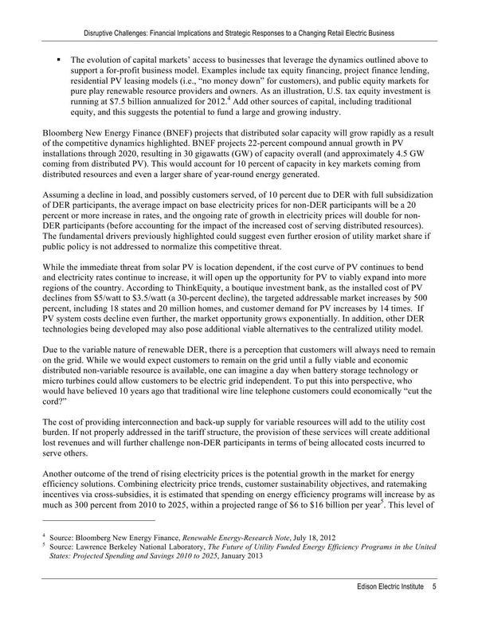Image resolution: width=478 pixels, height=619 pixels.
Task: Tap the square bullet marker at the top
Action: pyautogui.click(x=59, y=60)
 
